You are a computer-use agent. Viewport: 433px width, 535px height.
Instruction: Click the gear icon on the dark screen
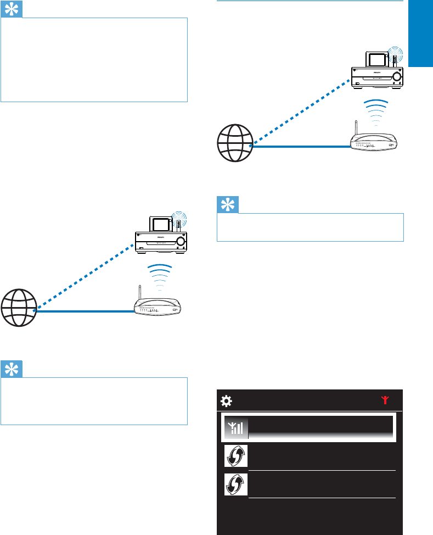[226, 400]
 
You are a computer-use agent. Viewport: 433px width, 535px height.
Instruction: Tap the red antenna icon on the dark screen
[385, 400]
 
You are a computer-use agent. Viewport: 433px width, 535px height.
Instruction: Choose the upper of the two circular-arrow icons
[236, 456]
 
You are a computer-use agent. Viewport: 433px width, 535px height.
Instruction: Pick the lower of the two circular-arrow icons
[236, 484]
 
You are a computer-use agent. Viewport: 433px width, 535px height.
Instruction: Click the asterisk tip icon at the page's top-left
[12, 9]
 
